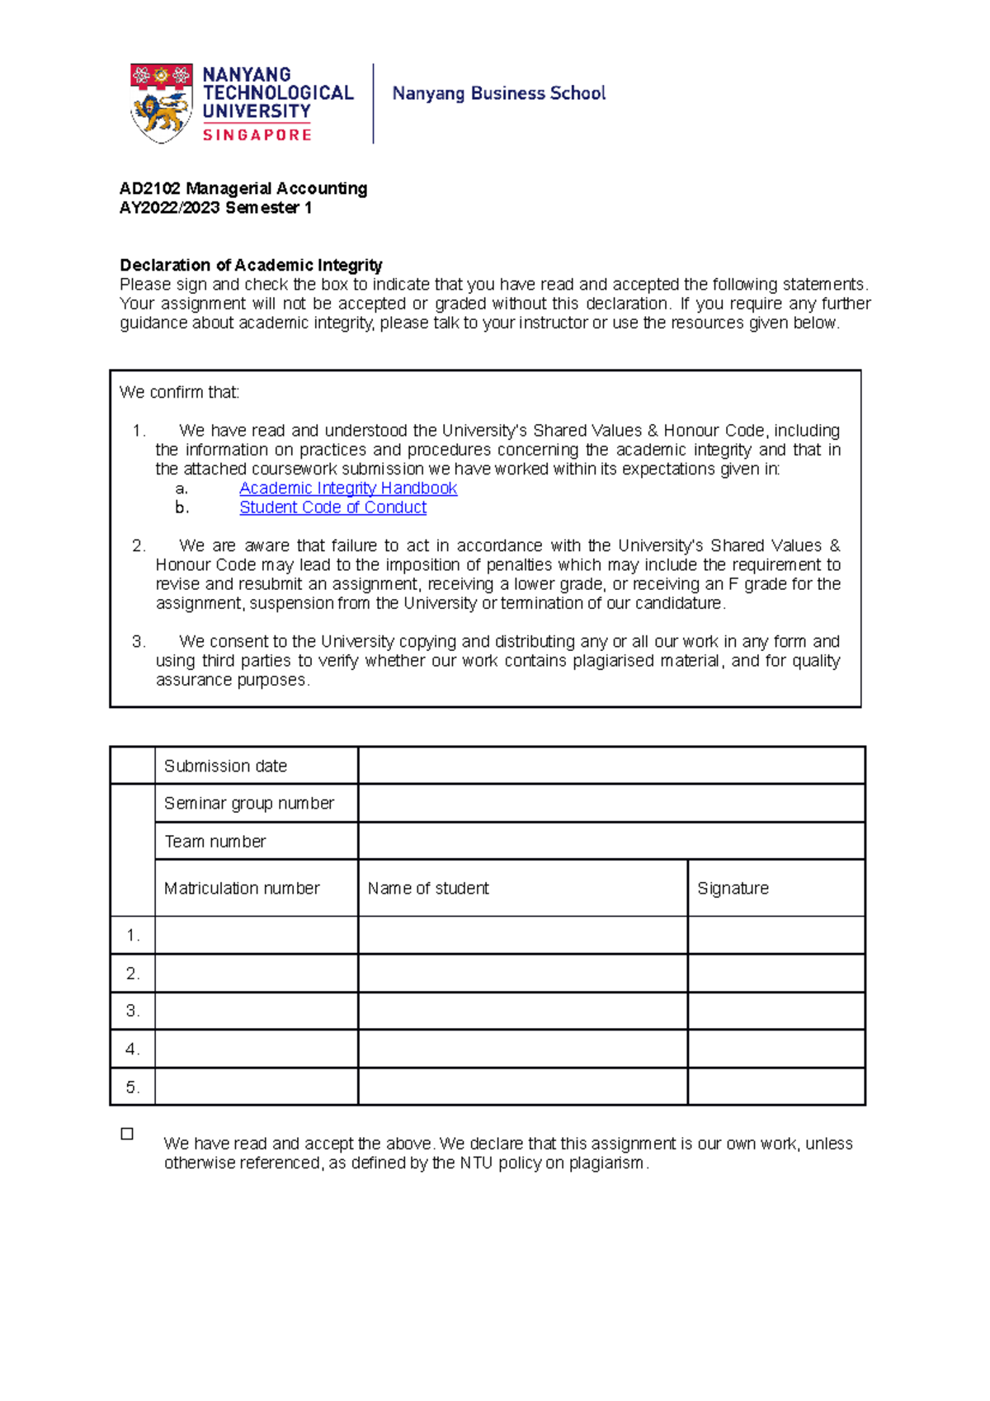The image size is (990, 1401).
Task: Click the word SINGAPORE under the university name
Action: point(257,135)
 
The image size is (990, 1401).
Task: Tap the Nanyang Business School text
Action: point(498,93)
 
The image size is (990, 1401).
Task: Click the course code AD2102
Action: point(150,189)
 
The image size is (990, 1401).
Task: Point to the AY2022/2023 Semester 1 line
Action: point(215,208)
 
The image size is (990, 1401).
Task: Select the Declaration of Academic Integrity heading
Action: point(251,265)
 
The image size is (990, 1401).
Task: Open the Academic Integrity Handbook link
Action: point(347,488)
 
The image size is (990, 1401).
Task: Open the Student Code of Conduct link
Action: point(332,507)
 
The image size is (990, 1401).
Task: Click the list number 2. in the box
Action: point(139,546)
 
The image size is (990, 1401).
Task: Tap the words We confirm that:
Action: point(179,393)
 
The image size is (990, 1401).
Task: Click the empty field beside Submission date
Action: point(610,766)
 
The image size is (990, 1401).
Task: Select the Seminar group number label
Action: point(248,804)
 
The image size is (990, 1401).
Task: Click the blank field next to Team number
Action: point(610,842)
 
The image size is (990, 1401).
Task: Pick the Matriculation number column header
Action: point(242,889)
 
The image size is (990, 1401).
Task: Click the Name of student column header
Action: point(428,889)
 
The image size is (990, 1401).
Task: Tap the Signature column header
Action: point(733,889)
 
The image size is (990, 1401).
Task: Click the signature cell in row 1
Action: point(775,936)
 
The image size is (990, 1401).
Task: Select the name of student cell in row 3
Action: point(522,1012)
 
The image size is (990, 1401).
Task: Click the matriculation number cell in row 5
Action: point(256,1087)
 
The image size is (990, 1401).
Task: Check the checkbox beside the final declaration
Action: point(127,1134)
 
